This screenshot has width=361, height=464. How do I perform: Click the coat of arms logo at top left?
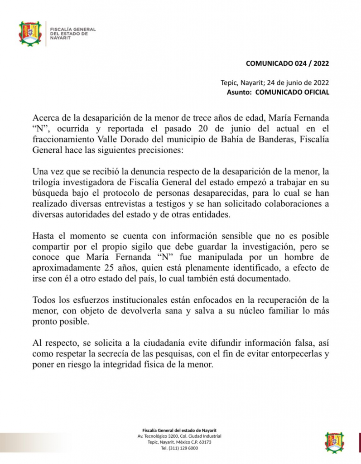[30, 34]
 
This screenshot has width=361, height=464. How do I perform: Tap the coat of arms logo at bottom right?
[334, 442]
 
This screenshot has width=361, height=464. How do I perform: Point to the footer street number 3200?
[172, 436]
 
